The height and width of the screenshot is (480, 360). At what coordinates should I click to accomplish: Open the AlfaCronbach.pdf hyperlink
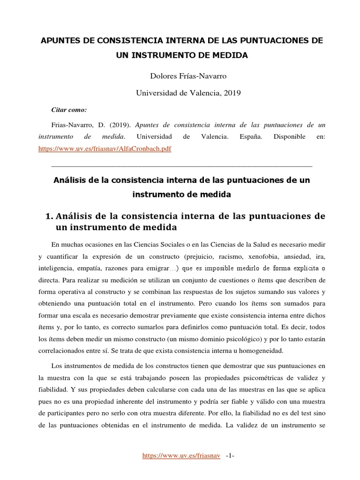(x=104, y=149)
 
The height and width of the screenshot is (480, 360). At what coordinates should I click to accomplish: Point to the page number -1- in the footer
(x=230, y=456)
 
